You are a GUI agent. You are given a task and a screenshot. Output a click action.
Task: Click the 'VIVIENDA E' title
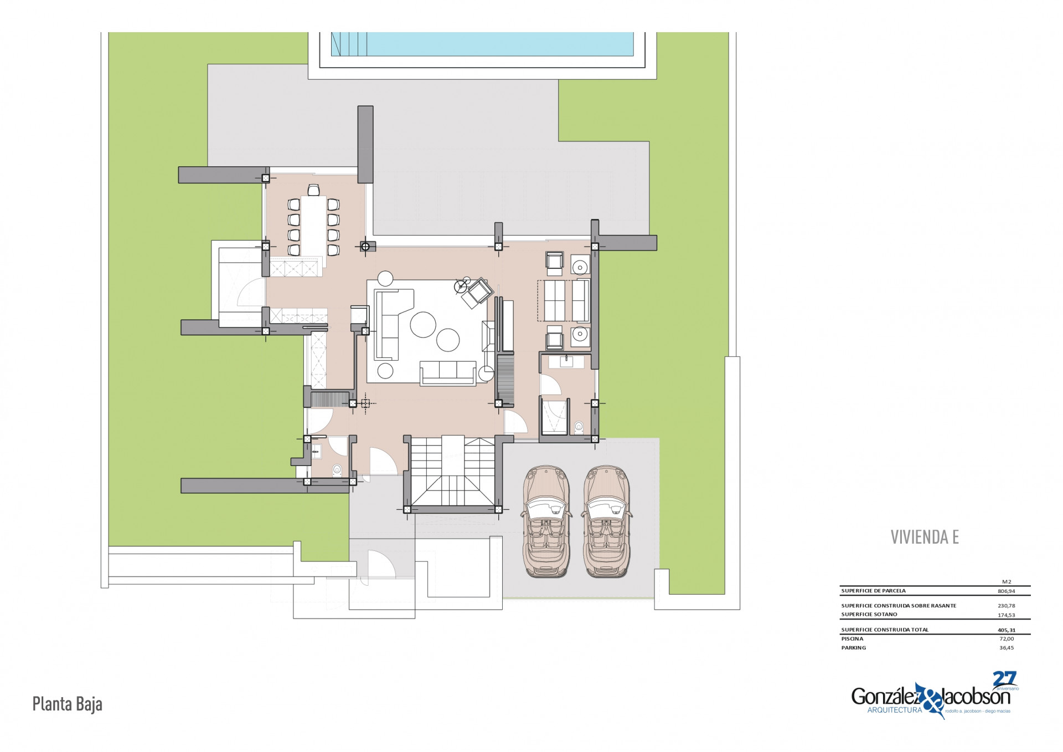click(925, 537)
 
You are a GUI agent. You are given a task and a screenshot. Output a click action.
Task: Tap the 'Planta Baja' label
click(67, 704)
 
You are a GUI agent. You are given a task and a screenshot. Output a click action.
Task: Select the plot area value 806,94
click(1007, 591)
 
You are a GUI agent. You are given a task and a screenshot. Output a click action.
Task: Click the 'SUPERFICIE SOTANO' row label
click(869, 615)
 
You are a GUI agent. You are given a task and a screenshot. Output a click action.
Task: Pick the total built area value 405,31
click(1007, 630)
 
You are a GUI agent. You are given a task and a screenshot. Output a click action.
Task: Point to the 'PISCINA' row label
click(852, 639)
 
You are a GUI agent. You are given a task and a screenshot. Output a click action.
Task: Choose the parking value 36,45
click(1007, 648)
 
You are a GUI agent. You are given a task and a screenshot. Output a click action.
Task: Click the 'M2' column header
click(1007, 582)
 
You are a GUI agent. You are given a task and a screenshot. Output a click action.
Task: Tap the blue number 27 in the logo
click(1004, 679)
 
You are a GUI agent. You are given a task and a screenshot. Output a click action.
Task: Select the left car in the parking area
click(546, 521)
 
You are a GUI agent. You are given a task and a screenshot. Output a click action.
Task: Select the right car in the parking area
click(607, 521)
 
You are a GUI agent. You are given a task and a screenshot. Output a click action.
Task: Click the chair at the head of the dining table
click(314, 190)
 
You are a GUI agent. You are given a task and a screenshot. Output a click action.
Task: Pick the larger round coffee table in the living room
click(423, 324)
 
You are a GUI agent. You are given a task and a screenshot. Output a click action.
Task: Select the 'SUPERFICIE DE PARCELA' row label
click(874, 591)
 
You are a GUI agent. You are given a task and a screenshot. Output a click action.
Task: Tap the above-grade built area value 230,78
click(1007, 606)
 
